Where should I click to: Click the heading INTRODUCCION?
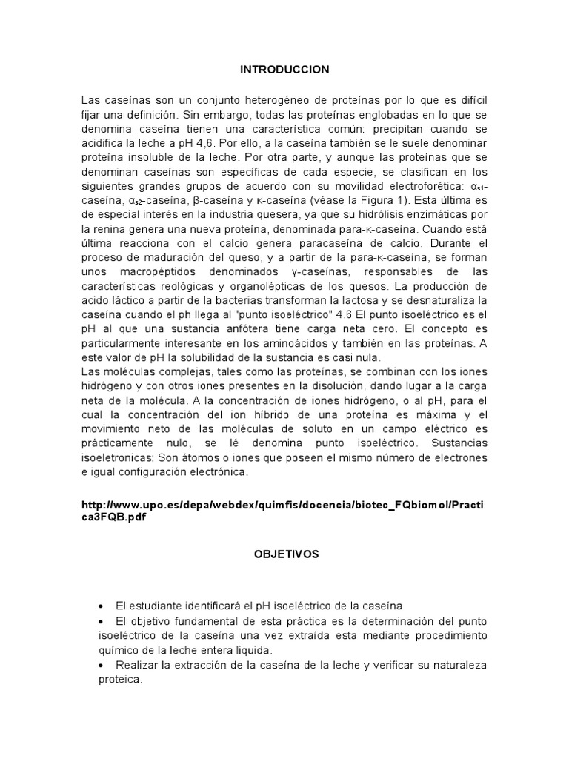pyautogui.click(x=284, y=70)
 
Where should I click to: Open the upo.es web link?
pyautogui.click(x=284, y=511)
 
